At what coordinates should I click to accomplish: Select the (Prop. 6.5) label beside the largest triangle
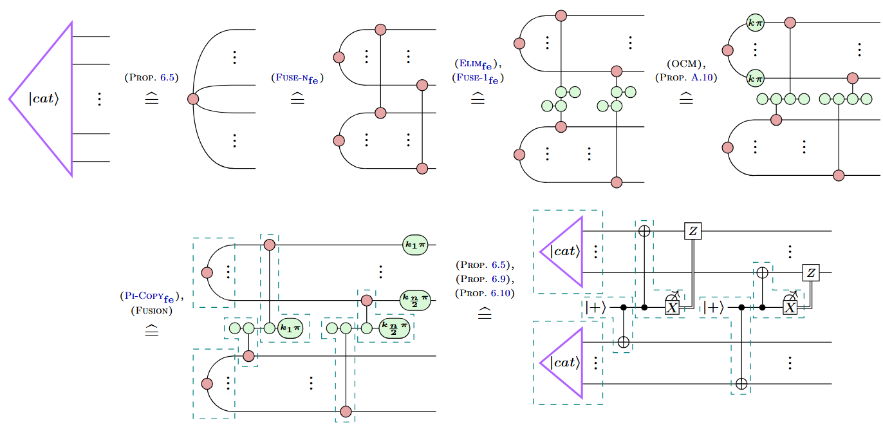pos(151,77)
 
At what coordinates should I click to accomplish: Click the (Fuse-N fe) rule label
pos(297,78)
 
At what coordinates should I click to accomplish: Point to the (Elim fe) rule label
pos(477,64)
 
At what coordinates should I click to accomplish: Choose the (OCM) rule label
pos(685,64)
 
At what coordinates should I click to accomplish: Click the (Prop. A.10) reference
pos(686,78)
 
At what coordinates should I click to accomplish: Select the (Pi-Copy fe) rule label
pos(151,297)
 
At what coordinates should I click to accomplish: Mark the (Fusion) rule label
pos(151,311)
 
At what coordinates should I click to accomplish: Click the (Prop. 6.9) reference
pos(485,279)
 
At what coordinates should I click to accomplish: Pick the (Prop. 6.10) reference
pos(485,293)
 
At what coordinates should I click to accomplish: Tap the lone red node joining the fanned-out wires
pos(192,99)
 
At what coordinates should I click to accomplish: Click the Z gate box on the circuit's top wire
pos(692,231)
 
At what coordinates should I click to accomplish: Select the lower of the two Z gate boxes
pos(810,273)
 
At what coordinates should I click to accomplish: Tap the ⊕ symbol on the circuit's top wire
pos(644,231)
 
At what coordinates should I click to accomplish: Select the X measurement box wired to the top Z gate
pos(672,307)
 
